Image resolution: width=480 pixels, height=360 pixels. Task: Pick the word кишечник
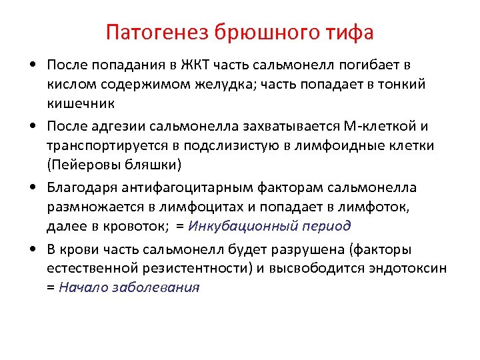pyautogui.click(x=81, y=103)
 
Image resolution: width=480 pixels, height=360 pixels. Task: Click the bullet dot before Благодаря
pyautogui.click(x=33, y=188)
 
